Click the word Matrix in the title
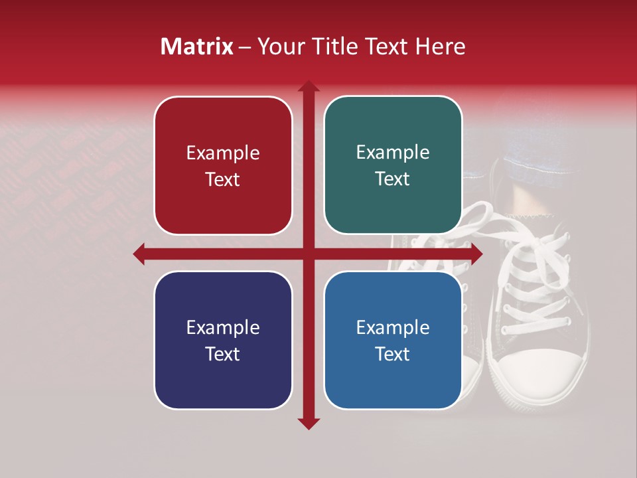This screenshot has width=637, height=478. click(197, 46)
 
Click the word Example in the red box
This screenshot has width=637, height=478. click(223, 153)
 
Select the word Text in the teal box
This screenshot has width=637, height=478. click(393, 179)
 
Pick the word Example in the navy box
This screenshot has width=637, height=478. click(223, 328)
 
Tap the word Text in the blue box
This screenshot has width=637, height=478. click(393, 354)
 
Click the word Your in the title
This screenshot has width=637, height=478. click(278, 46)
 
